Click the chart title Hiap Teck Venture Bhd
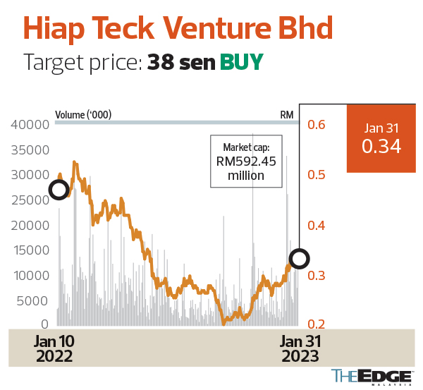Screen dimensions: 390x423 [178, 28]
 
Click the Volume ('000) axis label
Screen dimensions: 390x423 [83, 115]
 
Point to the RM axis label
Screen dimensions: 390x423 [287, 115]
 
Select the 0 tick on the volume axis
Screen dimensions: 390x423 [44, 324]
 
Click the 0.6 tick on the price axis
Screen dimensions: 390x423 [316, 125]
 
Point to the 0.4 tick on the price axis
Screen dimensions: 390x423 [316, 226]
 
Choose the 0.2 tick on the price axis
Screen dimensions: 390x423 [316, 324]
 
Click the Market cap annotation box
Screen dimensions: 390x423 [246, 162]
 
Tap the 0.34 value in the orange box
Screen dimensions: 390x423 [381, 147]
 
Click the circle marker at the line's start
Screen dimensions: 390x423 [59, 189]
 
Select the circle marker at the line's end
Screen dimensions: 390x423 [300, 259]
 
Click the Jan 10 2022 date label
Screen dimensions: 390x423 [54, 348]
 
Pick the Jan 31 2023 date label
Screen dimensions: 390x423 [300, 348]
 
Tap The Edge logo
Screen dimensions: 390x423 [371, 377]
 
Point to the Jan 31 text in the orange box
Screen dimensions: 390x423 [381, 128]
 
